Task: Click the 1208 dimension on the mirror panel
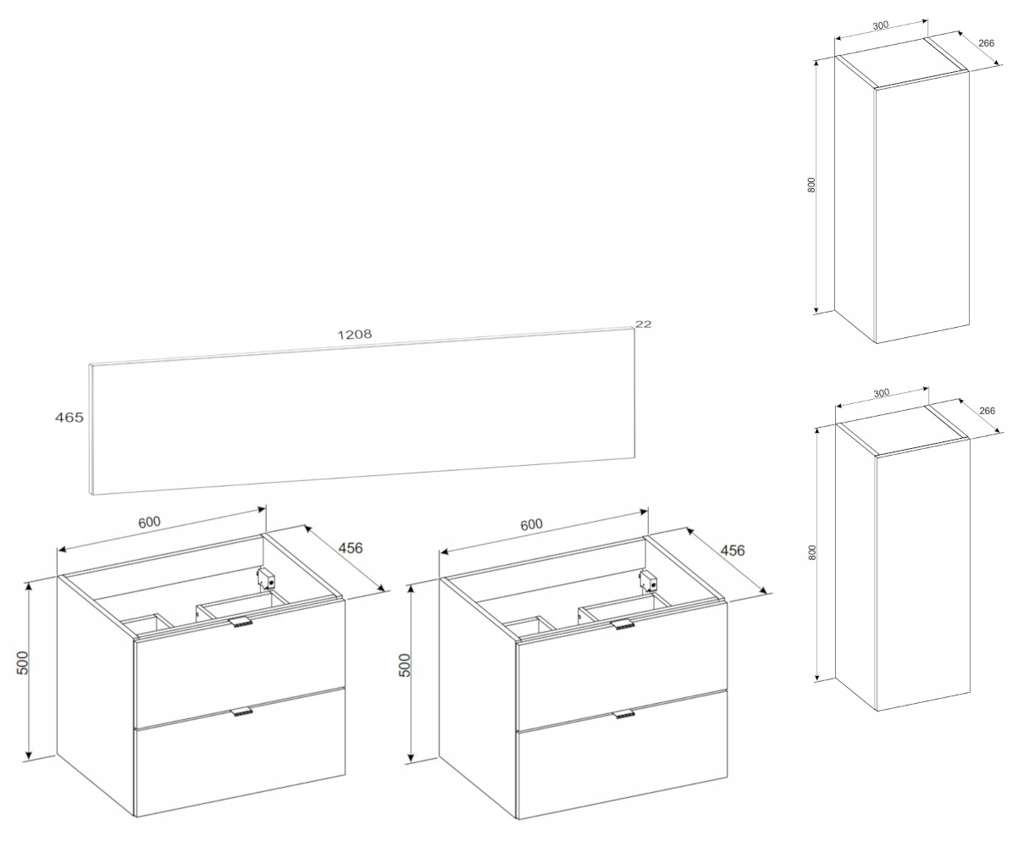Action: tap(355, 334)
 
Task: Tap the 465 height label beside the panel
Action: tap(69, 418)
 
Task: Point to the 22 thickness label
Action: tap(643, 324)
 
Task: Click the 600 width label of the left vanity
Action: tap(149, 522)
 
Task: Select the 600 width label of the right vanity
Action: tap(531, 524)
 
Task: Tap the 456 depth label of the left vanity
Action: tap(351, 548)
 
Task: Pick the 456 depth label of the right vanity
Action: tap(733, 551)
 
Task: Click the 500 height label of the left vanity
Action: tap(23, 662)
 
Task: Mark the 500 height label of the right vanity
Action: tap(405, 665)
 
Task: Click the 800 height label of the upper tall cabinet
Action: tap(811, 185)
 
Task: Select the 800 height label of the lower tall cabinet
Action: tap(811, 552)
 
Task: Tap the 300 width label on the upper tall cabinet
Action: tap(881, 25)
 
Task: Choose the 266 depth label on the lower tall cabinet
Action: tap(987, 411)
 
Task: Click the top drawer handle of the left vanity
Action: tap(240, 622)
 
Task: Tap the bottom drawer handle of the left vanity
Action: tap(242, 712)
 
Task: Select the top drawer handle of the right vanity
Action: tap(622, 623)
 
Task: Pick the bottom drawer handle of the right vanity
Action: tap(624, 714)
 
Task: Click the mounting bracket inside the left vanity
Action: tap(266, 578)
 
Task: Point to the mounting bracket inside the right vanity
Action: tap(648, 580)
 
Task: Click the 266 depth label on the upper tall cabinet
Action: tap(986, 43)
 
